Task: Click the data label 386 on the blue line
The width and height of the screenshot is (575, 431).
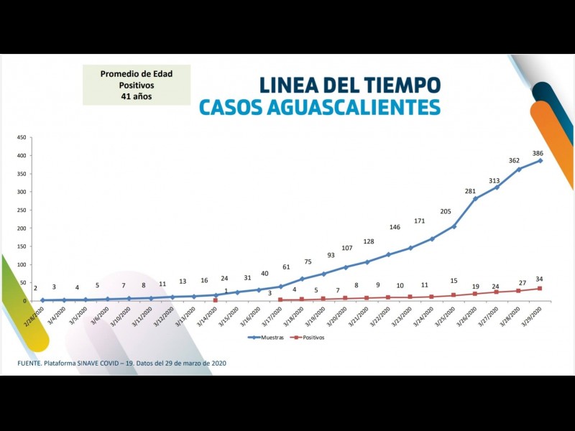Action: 538,153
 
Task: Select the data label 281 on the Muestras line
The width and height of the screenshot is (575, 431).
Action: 471,191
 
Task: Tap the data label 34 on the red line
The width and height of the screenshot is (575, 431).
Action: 538,279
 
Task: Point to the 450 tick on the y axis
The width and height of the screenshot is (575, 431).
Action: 22,137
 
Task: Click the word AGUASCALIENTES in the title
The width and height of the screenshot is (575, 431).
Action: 357,108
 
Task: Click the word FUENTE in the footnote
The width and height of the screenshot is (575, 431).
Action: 32,363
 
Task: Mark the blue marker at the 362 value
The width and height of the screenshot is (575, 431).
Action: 518,169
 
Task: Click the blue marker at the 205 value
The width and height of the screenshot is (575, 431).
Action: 454,226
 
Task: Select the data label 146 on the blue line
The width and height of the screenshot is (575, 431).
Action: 395,227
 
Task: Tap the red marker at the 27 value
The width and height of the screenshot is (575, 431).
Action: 518,290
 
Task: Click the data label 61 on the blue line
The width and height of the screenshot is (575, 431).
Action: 286,267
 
